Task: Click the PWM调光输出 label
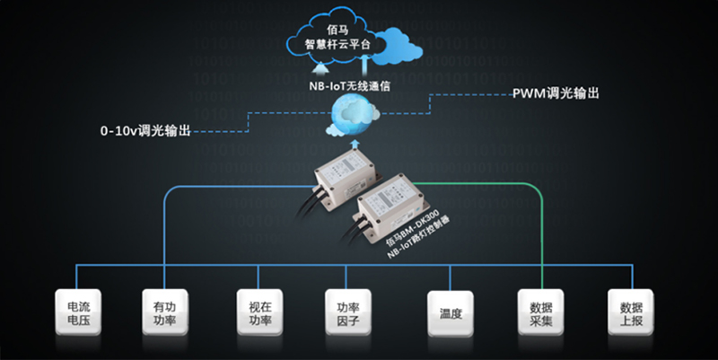(x=555, y=92)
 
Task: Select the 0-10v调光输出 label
(x=145, y=131)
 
